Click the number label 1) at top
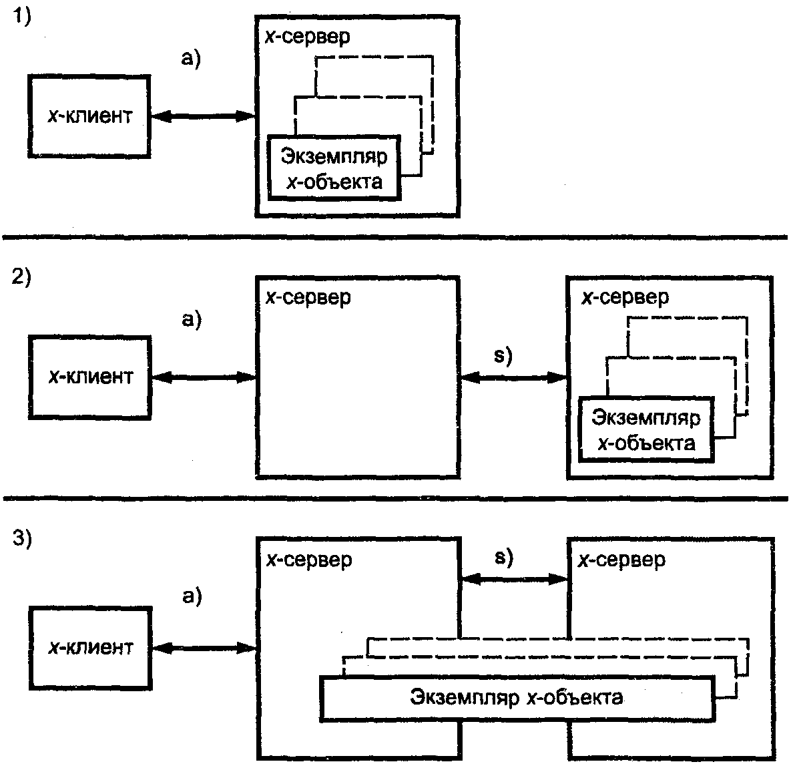pos(21,15)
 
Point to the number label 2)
pos(21,276)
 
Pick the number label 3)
pos(21,538)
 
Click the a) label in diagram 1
pos(191,59)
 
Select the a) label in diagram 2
pos(192,319)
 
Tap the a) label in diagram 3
pos(192,596)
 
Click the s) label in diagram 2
pos(503,356)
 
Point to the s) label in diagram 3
pos(503,557)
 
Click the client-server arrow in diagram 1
pos(204,117)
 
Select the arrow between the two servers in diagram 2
pos(513,377)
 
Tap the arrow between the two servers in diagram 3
pos(515,579)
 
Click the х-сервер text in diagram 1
pos(307,37)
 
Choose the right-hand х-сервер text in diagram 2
pos(625,297)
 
